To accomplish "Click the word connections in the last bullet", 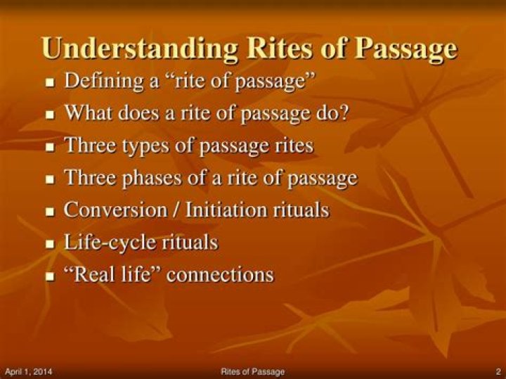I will coord(220,274).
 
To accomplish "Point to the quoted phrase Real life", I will coord(113,274).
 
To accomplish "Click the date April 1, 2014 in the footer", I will coord(29,371).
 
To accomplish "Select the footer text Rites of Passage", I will coord(252,371).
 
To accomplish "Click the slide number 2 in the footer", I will coord(497,371).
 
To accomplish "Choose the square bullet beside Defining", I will coord(50,82).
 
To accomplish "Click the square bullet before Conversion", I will coord(50,212).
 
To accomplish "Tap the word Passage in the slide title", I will coord(406,49).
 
